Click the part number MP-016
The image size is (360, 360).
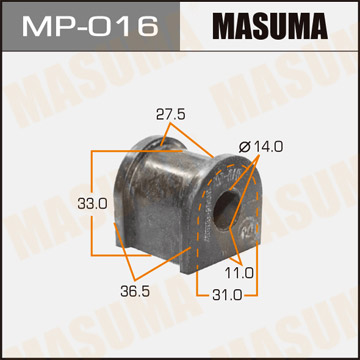pos(90,26)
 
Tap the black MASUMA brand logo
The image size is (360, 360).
pos(272,26)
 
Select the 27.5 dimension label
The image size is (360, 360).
pos(170,115)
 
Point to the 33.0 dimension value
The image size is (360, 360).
pos(92,203)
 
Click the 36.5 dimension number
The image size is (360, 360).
pos(135,291)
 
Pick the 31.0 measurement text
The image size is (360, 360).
pos(228,295)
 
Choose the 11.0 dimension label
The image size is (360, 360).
pos(239,273)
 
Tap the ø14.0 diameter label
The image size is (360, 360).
pos(261,147)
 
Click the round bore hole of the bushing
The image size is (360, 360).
pos(227,209)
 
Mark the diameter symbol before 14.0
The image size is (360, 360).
pos(245,147)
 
